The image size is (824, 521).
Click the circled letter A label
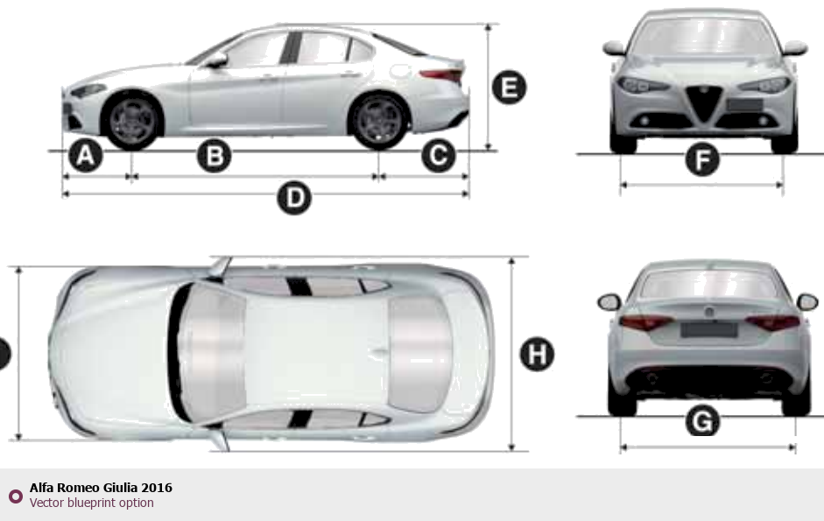click(86, 156)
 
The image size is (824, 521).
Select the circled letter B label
click(214, 156)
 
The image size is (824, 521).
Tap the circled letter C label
click(439, 156)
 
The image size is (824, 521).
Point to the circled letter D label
click(294, 198)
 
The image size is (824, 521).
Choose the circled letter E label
click(510, 87)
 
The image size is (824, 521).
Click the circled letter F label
click(702, 159)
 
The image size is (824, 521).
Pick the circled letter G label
click(702, 420)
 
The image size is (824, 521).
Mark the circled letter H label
click(537, 355)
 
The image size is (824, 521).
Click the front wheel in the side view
click(132, 120)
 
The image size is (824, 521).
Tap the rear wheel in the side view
click(379, 120)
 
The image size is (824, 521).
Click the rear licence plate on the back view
click(709, 330)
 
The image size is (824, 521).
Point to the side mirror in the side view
click(216, 60)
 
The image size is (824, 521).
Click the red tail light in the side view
click(441, 75)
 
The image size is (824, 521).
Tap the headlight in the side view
click(88, 90)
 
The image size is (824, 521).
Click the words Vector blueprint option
click(91, 503)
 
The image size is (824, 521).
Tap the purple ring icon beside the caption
click(16, 496)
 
